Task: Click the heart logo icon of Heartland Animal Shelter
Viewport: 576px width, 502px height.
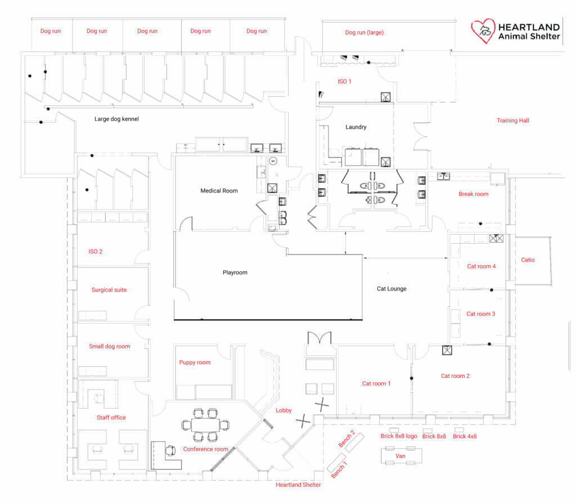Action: [x=483, y=31]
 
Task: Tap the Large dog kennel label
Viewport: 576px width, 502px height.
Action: [x=116, y=119]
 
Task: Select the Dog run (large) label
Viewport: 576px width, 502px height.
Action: [x=364, y=33]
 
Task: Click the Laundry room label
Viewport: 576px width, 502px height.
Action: [x=355, y=127]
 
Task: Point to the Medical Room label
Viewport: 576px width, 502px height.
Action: [x=219, y=191]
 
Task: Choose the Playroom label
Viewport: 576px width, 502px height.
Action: [x=235, y=272]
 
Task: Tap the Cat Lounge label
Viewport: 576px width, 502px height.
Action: [x=391, y=289]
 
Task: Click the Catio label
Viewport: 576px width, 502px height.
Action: [x=528, y=260]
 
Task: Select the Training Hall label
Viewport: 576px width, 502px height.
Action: [x=512, y=120]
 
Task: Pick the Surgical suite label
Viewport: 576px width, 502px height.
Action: [x=109, y=290]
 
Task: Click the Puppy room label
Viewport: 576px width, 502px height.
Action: [x=195, y=362]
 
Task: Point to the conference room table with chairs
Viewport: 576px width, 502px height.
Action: [x=205, y=425]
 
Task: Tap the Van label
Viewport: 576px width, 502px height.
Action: [x=401, y=456]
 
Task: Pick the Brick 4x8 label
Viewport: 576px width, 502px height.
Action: [x=465, y=437]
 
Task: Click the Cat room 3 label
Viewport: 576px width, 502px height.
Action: [x=480, y=314]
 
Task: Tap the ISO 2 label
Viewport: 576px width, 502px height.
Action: [x=95, y=252]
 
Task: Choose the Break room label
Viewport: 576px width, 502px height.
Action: [x=473, y=194]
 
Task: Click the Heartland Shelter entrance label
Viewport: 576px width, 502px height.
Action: [x=298, y=485]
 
